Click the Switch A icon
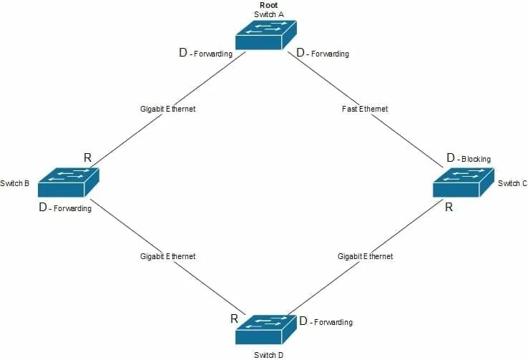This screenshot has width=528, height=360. pos(266,34)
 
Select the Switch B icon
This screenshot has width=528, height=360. pos(68,183)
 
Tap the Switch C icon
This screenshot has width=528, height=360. pos(464,183)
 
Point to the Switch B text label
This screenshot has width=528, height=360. pos(14,184)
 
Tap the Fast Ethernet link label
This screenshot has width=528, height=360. pos(365,110)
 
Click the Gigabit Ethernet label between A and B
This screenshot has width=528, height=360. pos(167,110)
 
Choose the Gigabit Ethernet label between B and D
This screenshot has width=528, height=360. pos(167,256)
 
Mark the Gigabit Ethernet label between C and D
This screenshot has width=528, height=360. pos(365,256)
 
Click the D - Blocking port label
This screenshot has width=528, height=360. pos(469,158)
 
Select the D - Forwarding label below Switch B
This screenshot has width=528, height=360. pos(65,208)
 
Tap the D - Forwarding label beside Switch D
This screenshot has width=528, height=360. pos(326,322)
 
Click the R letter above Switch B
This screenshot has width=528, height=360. pos(87,157)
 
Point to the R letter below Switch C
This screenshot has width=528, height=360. pos(449,208)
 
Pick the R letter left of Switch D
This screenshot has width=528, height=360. pos(234,318)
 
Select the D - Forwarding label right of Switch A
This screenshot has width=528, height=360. pos(323,53)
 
